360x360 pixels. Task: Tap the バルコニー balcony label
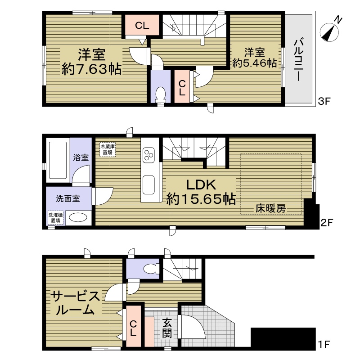(298, 60)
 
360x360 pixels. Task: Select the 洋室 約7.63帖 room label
(92, 62)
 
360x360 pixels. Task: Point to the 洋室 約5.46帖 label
(254, 58)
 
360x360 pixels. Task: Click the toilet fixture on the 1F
(151, 268)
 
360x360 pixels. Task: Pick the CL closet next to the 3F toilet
(182, 86)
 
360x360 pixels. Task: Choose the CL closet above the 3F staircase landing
(142, 25)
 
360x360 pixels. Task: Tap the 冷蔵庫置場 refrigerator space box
(108, 149)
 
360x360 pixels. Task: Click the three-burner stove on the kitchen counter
(148, 155)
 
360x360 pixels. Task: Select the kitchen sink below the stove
(148, 185)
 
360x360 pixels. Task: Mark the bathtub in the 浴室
(58, 160)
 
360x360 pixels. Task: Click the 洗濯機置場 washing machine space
(55, 218)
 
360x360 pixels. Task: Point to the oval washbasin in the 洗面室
(78, 217)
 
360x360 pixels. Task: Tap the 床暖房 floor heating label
(271, 208)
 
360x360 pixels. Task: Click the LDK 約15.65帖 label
(201, 192)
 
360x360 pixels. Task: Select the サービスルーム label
(75, 303)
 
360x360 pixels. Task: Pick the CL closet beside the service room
(133, 326)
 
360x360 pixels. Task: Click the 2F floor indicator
(327, 222)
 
